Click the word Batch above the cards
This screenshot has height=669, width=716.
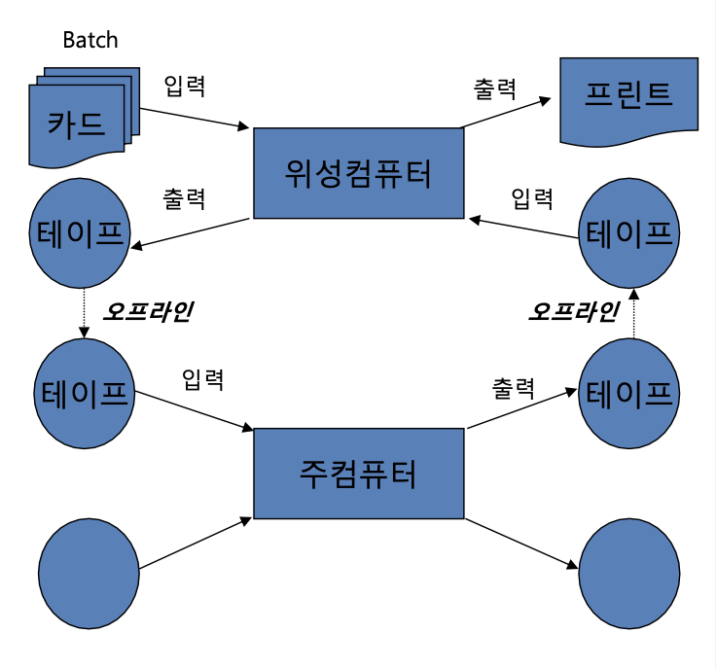coord(89,40)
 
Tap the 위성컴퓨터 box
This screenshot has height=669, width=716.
coord(359,173)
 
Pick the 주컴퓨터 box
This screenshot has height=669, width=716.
coord(359,474)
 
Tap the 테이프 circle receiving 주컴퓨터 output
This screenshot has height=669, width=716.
coord(628,391)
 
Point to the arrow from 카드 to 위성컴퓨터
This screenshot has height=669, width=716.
coord(195,113)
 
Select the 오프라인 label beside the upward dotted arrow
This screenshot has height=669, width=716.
coord(573,312)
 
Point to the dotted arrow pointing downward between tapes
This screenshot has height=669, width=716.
coord(83,312)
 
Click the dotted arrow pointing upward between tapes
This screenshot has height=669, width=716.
coord(633,312)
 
